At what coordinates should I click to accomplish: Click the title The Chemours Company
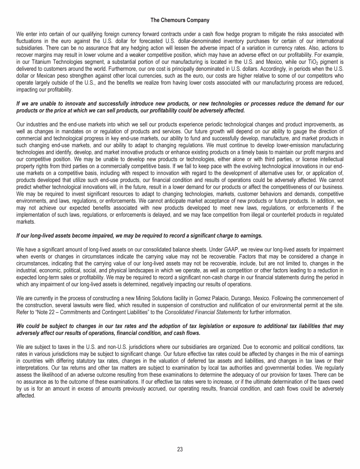[180, 20]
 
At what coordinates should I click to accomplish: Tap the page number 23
[180, 449]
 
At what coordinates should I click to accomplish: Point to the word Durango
[265, 297]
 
